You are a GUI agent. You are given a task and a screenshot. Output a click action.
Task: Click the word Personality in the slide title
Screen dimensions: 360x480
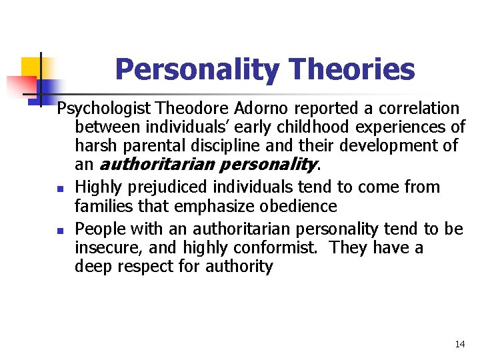(x=196, y=69)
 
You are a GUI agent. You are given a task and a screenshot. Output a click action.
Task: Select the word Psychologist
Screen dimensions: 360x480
(x=104, y=109)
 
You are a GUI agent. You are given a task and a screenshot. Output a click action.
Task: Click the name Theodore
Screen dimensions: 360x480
(x=192, y=109)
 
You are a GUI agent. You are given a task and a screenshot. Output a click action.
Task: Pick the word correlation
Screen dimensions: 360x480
(x=418, y=109)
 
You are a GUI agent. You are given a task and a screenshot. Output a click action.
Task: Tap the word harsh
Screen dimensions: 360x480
(x=93, y=146)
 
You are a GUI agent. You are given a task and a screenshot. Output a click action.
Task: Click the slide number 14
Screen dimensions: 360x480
(x=459, y=344)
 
